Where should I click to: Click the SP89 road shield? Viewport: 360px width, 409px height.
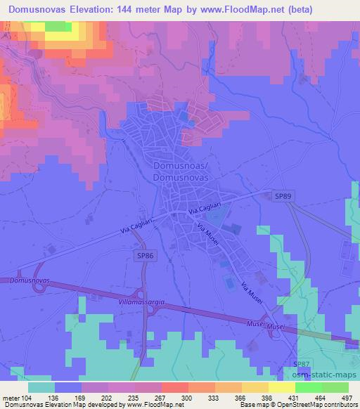click(281, 197)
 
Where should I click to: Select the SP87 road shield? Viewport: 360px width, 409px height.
click(300, 363)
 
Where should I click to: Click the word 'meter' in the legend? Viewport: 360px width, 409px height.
click(12, 397)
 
